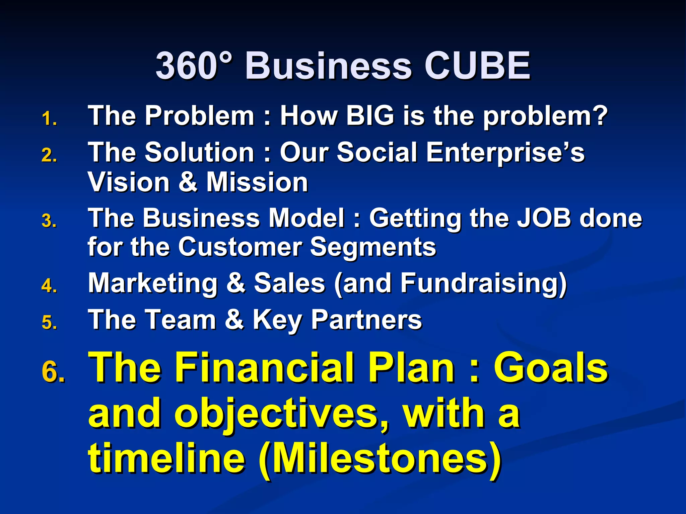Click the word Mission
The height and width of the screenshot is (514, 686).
257,182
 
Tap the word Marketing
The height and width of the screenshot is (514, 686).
153,283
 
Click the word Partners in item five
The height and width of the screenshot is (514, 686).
366,320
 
